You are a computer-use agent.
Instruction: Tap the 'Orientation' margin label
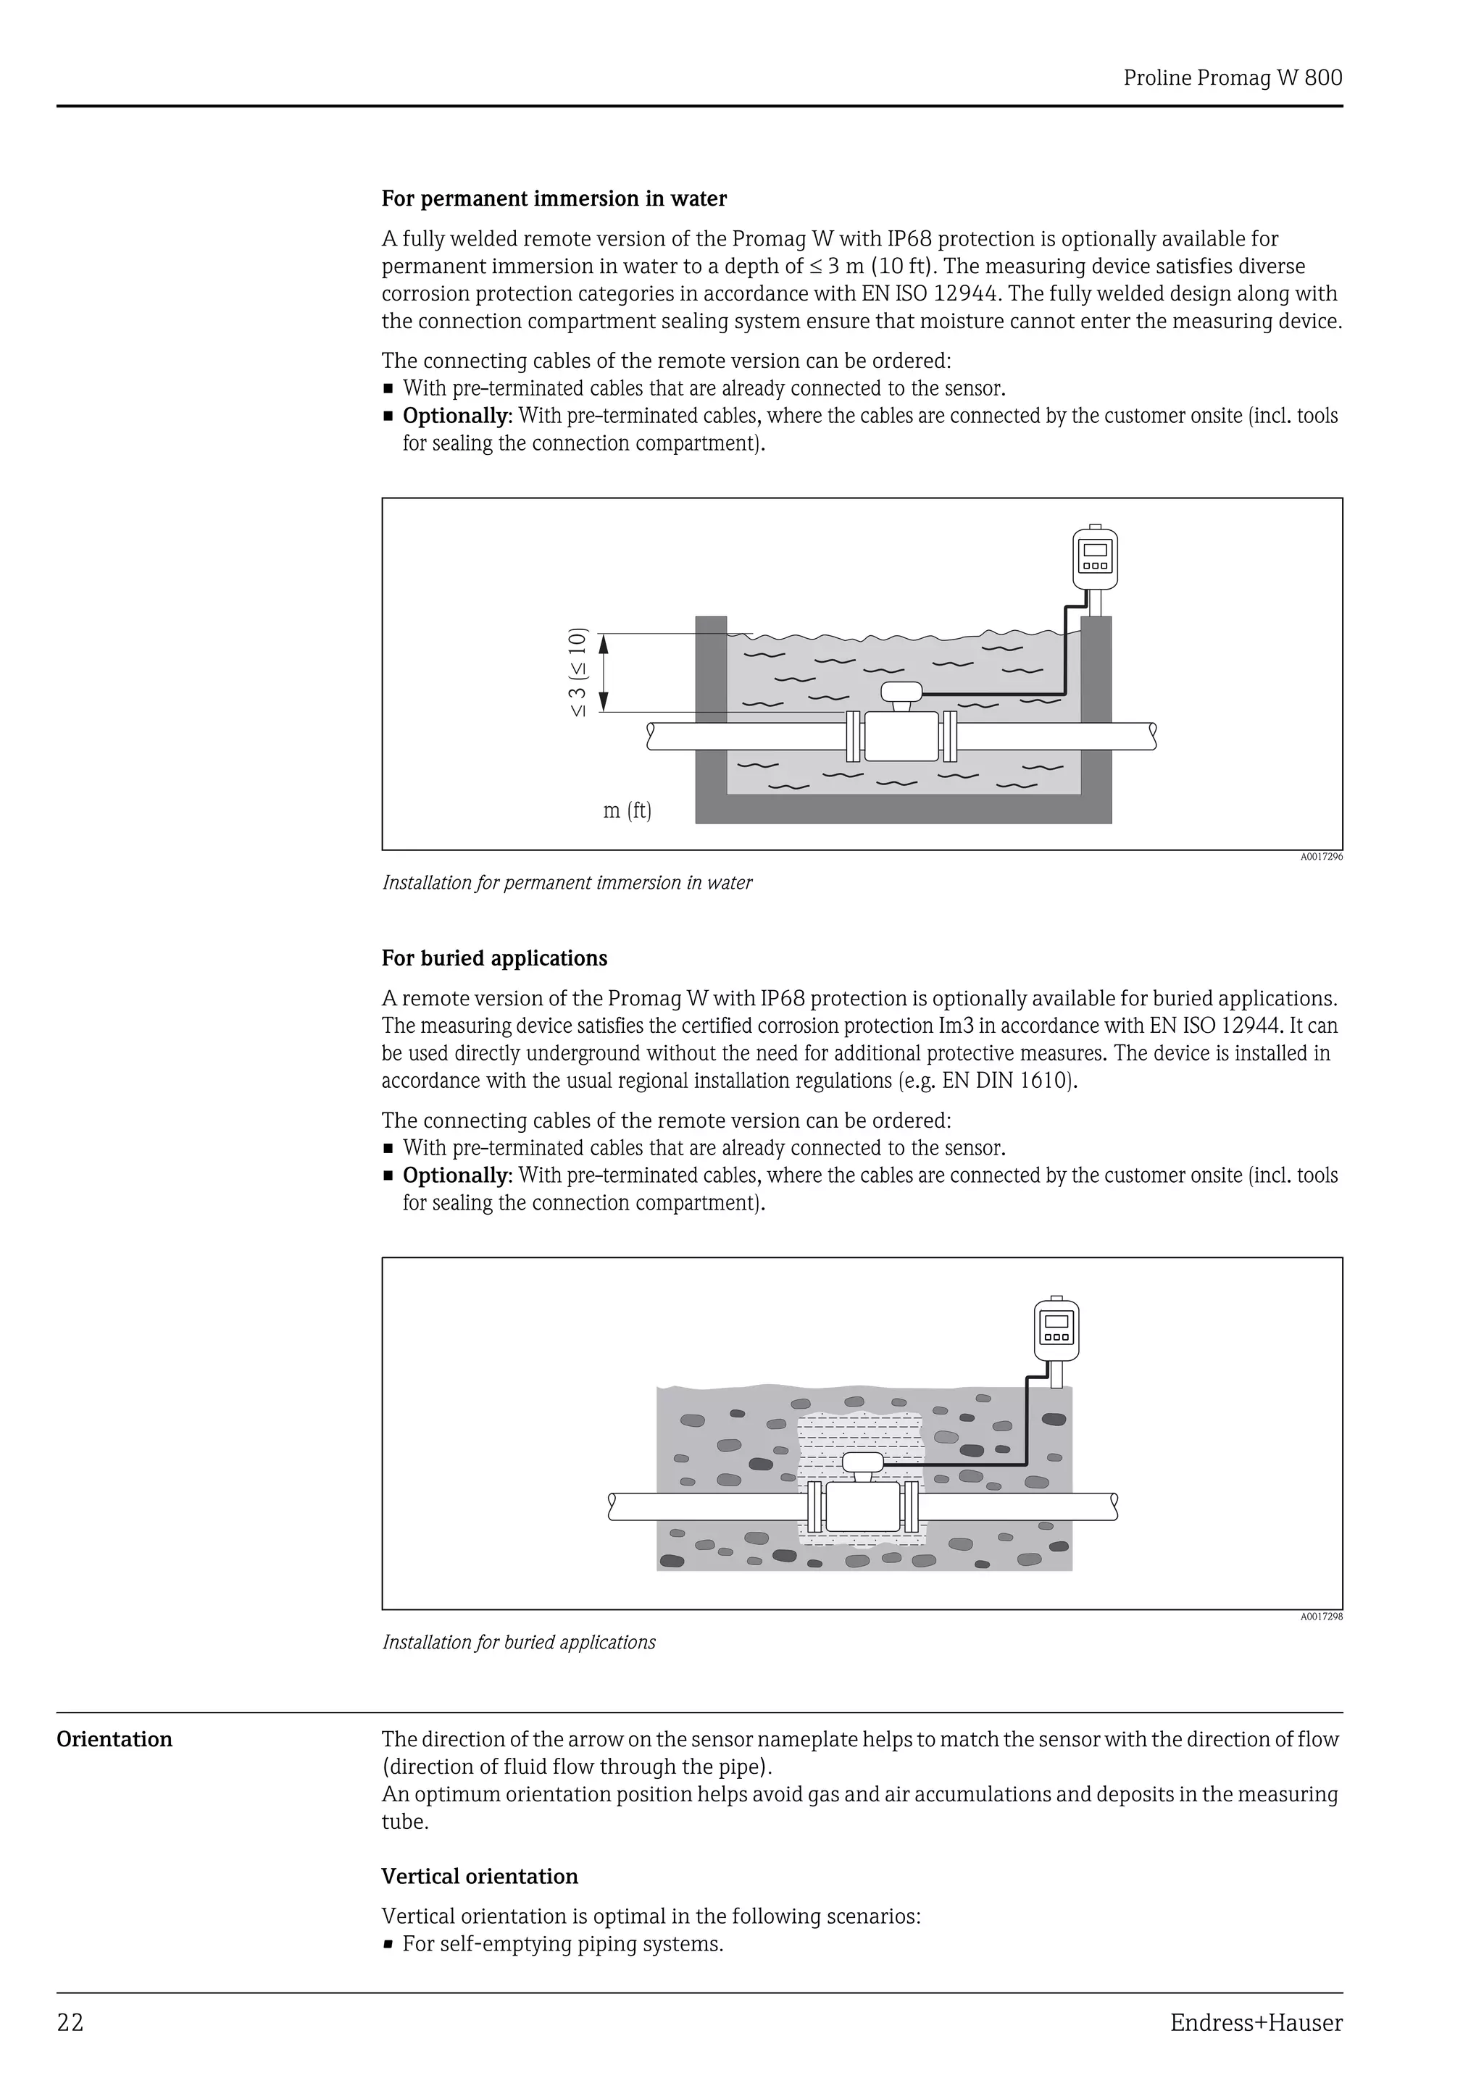tap(114, 1739)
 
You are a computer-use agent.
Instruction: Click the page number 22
tap(70, 2023)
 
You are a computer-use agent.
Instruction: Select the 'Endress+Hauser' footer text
tap(1256, 2023)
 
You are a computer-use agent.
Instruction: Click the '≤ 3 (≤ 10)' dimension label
tap(578, 672)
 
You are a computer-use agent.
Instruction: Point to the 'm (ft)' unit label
tap(628, 811)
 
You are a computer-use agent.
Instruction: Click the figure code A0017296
tap(1321, 858)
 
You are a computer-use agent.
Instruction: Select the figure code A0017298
tap(1321, 1617)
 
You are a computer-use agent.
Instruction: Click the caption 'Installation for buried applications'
tap(518, 1642)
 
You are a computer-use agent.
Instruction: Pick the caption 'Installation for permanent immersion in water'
tap(567, 882)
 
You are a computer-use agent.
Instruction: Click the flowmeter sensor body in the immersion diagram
tap(901, 736)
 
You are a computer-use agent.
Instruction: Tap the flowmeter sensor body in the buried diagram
tap(863, 1507)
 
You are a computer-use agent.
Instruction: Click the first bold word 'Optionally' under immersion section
tap(455, 416)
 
